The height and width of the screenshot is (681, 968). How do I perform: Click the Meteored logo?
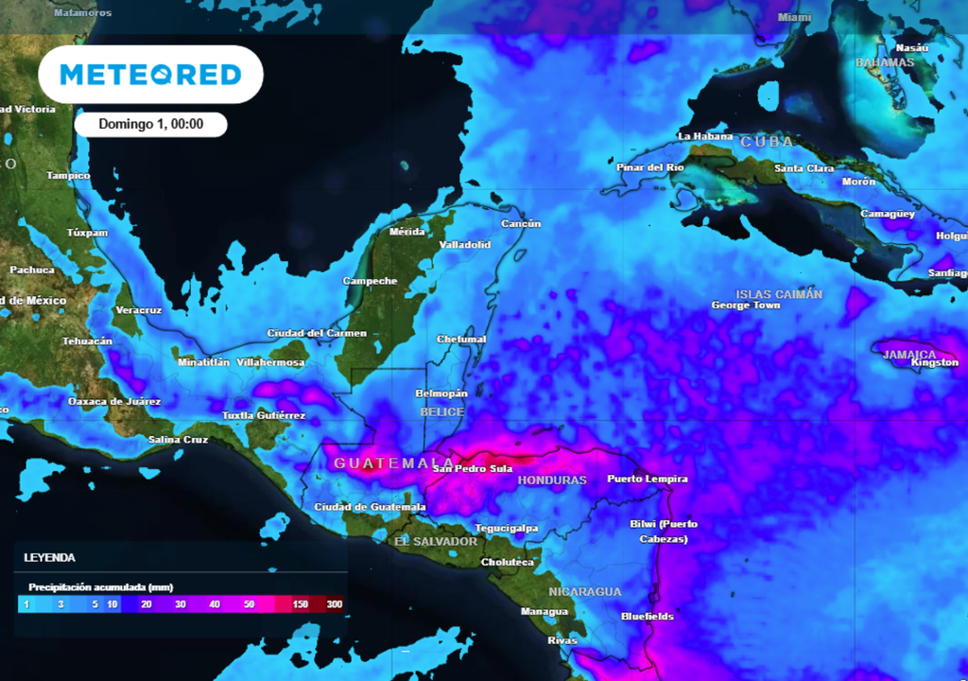click(x=150, y=75)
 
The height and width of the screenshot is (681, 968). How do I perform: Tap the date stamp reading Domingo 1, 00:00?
click(x=150, y=125)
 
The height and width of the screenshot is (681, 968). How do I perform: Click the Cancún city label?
click(x=521, y=224)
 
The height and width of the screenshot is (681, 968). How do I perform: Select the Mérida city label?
click(x=407, y=232)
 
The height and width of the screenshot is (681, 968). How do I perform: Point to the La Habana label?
click(x=705, y=137)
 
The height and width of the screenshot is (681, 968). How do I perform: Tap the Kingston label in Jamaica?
click(x=935, y=363)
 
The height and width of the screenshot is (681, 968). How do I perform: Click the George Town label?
click(x=745, y=306)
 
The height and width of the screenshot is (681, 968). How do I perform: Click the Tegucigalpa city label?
click(x=507, y=529)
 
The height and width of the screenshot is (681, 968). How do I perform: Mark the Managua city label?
click(x=544, y=612)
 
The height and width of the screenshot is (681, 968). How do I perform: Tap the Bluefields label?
click(x=648, y=617)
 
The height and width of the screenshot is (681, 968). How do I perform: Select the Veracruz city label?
click(x=139, y=310)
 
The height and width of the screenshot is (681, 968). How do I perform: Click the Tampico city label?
click(x=68, y=176)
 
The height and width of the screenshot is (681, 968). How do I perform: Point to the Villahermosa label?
click(x=270, y=363)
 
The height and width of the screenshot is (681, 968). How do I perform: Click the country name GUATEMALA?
click(x=381, y=463)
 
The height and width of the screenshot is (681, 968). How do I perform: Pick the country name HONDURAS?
click(x=552, y=480)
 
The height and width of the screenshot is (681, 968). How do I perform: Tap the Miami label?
click(x=795, y=18)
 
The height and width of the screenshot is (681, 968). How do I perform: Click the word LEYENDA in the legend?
click(x=50, y=558)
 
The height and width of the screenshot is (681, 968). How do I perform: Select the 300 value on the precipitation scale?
click(x=335, y=604)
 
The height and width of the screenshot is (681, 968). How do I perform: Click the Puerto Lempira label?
click(x=647, y=480)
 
